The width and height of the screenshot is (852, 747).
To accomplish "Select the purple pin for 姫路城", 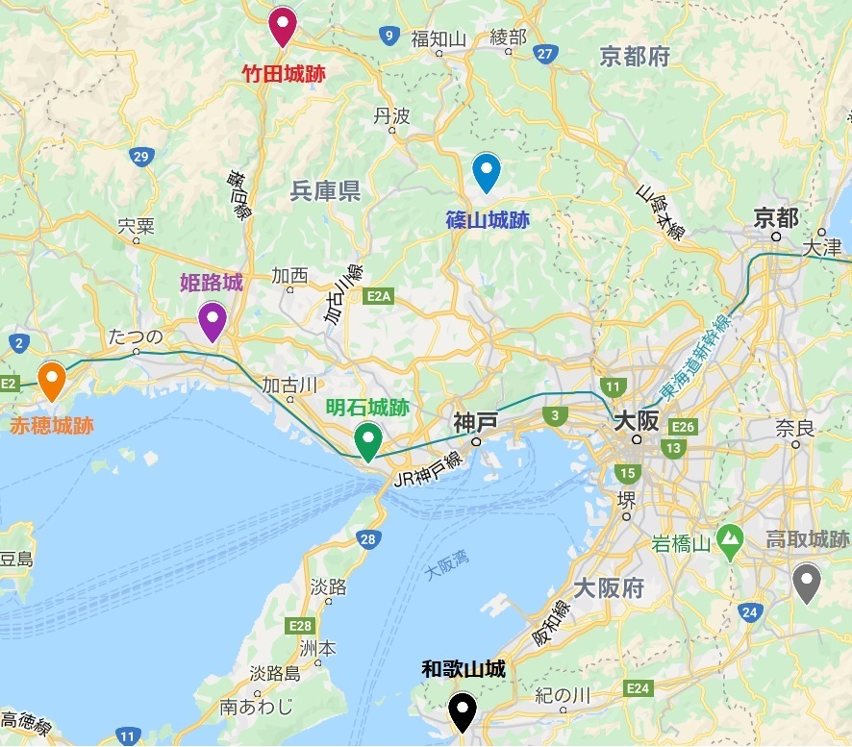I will pos(212,319).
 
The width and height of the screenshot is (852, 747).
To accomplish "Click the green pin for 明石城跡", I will pos(367,439).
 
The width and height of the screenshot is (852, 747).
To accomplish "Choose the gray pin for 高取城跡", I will pos(806,581).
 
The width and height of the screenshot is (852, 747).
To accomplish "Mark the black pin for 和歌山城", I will pos(464,711).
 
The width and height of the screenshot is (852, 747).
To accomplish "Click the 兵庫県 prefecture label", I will pos(325,191).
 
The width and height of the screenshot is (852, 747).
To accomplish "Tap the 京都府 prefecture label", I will pos(634,57).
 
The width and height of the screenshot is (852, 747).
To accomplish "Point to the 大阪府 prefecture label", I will pos(608,588).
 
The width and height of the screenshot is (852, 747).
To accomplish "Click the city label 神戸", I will pos(475,422).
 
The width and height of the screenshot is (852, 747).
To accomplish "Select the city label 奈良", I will pos(794,426).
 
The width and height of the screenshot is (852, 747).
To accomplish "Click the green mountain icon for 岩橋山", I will pos(730,538).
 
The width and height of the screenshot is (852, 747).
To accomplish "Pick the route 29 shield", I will pos(142,158).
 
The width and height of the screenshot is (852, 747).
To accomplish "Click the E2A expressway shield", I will pos(380,298).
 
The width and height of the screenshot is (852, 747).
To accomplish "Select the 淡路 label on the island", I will pos(330,587).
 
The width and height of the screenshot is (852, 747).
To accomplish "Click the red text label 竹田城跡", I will pos(282,73).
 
